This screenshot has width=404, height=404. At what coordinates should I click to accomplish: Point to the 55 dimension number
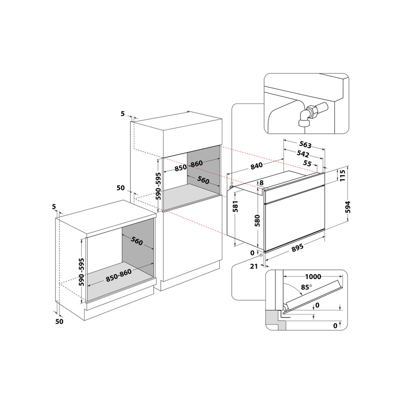tap(307, 164)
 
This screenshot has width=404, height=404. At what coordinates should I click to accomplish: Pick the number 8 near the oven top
tap(261, 183)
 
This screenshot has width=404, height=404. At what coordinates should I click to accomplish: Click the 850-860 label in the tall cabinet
tap(188, 166)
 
